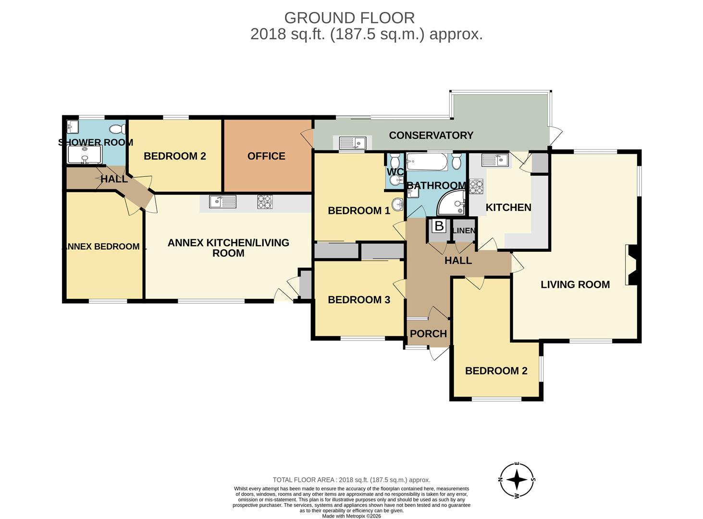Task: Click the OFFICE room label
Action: [x=266, y=156]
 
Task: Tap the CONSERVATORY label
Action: [x=431, y=136]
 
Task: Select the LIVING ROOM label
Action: [x=575, y=284]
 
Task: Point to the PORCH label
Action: [x=428, y=334]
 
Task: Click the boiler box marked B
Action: [x=439, y=226]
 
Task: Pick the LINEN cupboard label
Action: [x=464, y=231]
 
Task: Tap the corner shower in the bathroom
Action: [x=451, y=203]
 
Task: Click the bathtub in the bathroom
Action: [x=427, y=162]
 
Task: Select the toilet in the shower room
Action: [x=117, y=129]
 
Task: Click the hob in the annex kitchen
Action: [x=265, y=202]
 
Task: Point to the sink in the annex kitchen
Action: [x=222, y=202]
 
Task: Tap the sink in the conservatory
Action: [x=352, y=143]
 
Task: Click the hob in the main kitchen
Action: [x=476, y=186]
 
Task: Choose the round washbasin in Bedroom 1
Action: [x=397, y=205]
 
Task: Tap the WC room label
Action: [x=395, y=172]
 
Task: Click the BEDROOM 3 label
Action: [x=359, y=299]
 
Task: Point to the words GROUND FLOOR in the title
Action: [x=349, y=18]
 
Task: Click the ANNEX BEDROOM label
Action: [x=103, y=247]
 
